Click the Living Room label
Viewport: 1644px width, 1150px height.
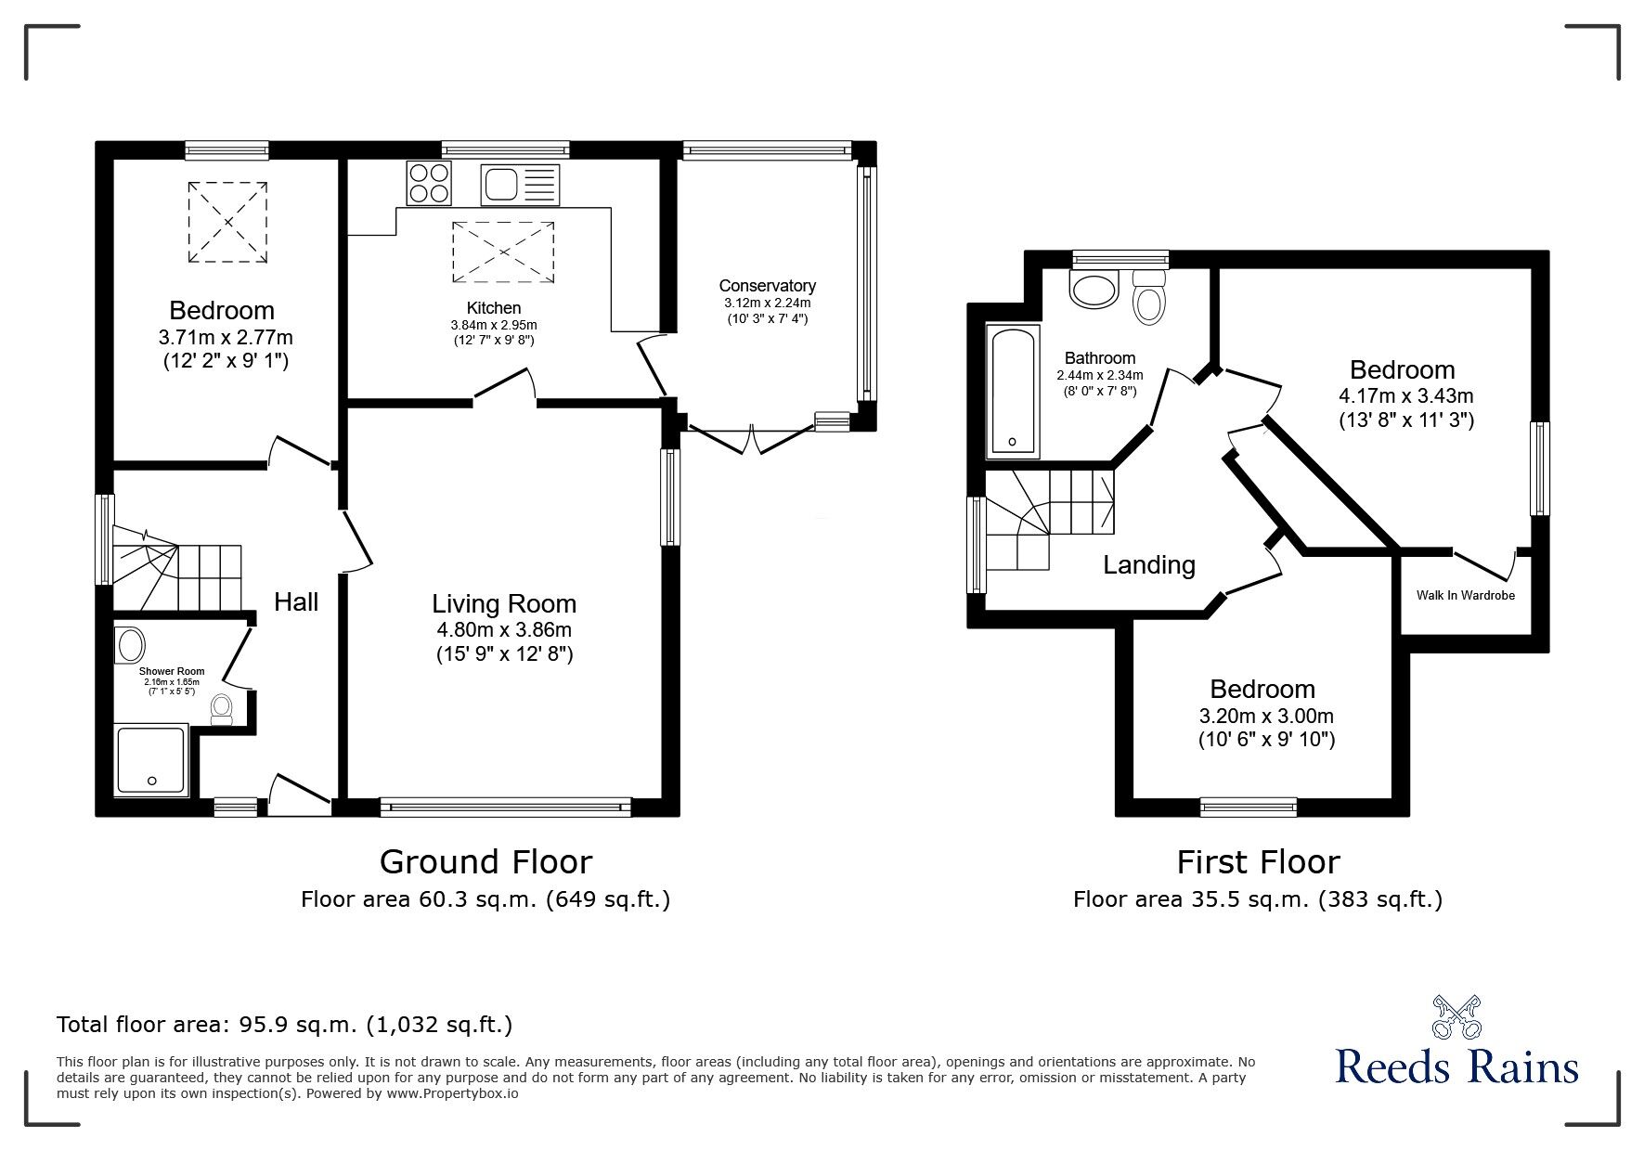tap(504, 604)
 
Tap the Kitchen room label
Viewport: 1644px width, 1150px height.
tap(494, 308)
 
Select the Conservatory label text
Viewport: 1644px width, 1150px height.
tap(768, 286)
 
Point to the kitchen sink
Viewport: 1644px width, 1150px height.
tap(520, 185)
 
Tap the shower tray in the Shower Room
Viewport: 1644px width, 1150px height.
tap(152, 760)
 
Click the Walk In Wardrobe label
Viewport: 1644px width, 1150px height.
tap(1466, 595)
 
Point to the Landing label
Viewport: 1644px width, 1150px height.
tap(1149, 565)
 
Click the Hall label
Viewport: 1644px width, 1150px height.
tap(296, 602)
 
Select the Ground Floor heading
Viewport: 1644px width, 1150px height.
tap(485, 862)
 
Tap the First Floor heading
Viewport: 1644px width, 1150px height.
tap(1258, 862)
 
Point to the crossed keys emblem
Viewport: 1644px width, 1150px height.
tap(1456, 1017)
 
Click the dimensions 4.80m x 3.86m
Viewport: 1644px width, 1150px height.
tap(504, 630)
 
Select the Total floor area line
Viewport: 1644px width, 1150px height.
tap(284, 1025)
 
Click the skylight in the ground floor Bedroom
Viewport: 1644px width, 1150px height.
tap(228, 223)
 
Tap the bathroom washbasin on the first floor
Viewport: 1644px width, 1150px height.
tap(1094, 289)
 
